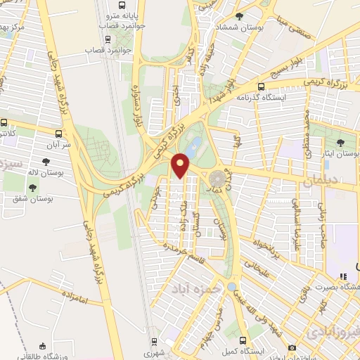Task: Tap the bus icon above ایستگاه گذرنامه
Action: pos(262,87)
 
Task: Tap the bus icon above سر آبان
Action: pos(58,131)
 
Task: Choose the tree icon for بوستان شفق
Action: pos(32,188)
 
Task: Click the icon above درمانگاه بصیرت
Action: pos(342,277)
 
